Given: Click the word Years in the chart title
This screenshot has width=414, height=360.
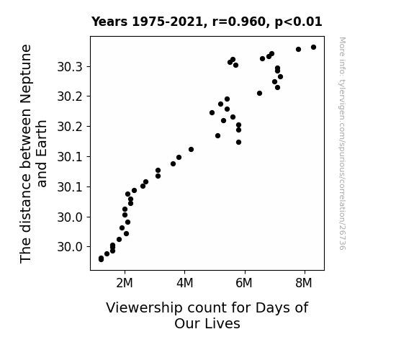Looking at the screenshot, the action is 109,22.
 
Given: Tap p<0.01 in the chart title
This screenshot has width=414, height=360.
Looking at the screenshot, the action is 298,22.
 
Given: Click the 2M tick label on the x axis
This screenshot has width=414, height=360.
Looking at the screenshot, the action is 125,283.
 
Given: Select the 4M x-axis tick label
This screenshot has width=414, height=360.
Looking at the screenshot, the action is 184,283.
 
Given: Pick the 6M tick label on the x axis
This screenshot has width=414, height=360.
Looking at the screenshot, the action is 244,283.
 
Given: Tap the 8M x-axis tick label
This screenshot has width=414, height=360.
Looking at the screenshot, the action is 304,283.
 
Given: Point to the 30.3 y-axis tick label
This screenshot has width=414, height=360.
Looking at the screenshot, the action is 70,67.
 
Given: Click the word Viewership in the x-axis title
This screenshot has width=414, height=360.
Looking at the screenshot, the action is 144,308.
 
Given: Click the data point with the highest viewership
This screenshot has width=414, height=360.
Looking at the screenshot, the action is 313,48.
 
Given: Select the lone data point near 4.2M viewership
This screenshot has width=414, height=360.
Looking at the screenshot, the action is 191,150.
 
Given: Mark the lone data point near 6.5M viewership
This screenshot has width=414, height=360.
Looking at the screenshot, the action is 259,93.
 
